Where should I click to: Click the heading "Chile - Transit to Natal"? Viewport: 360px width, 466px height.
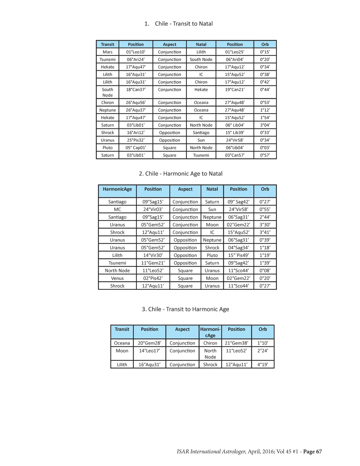pyautogui.click(x=184, y=24)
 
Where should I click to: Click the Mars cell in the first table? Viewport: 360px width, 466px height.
pyautogui.click(x=108, y=52)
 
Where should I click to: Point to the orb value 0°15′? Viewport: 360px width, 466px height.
pyautogui.click(x=265, y=52)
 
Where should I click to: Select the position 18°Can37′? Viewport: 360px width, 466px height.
pyautogui.click(x=136, y=90)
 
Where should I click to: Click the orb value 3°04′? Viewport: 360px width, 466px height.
pyautogui.click(x=265, y=125)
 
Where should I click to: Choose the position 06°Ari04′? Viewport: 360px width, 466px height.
pyautogui.click(x=234, y=60)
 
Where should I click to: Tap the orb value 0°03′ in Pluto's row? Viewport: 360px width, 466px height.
pyautogui.click(x=265, y=148)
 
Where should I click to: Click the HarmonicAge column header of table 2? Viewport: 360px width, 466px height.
pyautogui.click(x=117, y=189)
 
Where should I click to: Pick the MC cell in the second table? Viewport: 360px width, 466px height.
pyautogui.click(x=117, y=210)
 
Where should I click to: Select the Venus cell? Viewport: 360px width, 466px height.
pyautogui.click(x=117, y=279)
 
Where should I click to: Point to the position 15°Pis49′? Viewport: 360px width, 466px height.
pyautogui.click(x=238, y=256)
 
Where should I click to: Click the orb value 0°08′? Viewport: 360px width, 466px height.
pyautogui.click(x=265, y=271)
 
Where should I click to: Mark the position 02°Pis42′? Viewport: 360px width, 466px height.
pyautogui.click(x=153, y=279)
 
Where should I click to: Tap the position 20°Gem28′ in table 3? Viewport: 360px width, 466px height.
pyautogui.click(x=149, y=343)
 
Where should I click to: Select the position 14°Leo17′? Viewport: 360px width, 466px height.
pyautogui.click(x=149, y=351)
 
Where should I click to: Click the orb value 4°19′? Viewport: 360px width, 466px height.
pyautogui.click(x=263, y=365)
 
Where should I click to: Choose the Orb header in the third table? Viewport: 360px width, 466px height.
pyautogui.click(x=263, y=330)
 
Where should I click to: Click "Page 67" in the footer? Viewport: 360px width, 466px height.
pyautogui.click(x=312, y=452)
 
